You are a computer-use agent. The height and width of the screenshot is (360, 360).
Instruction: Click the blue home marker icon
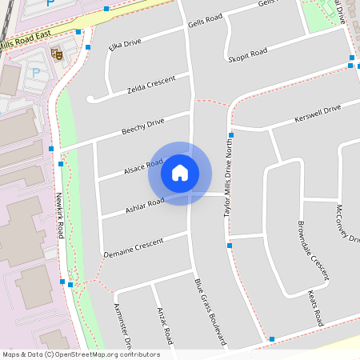pos(180,172)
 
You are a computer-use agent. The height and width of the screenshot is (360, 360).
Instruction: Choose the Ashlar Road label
pos(145,206)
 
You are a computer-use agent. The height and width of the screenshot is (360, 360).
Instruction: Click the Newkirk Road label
pos(59,216)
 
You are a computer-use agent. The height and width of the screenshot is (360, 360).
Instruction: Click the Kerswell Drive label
pos(318,111)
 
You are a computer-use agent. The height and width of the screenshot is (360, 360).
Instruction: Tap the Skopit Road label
pos(247,54)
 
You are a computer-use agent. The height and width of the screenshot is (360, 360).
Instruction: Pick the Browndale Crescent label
pos(313,250)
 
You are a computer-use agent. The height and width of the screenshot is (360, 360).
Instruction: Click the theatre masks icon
pos(56,53)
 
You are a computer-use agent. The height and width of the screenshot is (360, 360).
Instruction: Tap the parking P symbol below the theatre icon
pos(35,73)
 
